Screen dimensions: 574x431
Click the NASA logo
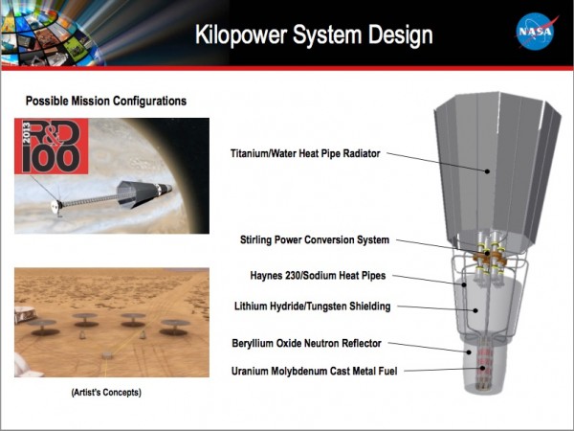(536, 32)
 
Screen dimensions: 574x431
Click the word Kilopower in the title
(241, 35)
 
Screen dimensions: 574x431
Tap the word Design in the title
(400, 36)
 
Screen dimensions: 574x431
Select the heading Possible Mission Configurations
(106, 101)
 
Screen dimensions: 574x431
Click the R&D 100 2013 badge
(52, 146)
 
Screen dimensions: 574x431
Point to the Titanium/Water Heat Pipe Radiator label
(305, 153)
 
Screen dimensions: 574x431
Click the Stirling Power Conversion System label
(315, 240)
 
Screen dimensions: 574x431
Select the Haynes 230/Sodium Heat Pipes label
(318, 276)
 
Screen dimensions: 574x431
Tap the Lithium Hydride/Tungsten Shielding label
(312, 306)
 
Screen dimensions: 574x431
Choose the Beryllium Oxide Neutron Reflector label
(306, 344)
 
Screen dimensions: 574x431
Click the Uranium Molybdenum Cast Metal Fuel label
(314, 372)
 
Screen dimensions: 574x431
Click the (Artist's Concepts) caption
(106, 393)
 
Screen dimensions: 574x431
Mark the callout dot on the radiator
(487, 171)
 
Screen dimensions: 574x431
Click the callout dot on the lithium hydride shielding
(475, 310)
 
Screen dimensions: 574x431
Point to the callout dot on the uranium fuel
(483, 368)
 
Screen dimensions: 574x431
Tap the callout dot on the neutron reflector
(469, 352)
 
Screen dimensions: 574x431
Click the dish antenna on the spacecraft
(55, 206)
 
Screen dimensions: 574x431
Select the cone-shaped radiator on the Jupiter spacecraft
(132, 194)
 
